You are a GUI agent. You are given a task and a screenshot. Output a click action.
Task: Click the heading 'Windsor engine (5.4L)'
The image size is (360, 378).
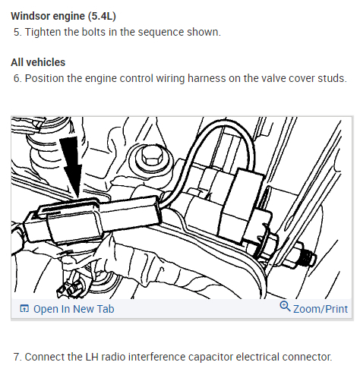coord(63,16)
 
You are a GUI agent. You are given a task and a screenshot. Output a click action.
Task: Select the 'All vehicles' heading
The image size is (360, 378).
coord(38,62)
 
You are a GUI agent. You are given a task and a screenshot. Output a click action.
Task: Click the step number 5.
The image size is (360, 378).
coord(17,32)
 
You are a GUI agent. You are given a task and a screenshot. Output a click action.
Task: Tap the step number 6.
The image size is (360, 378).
coord(17,78)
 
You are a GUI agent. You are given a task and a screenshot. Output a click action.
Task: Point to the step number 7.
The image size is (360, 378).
coord(17,357)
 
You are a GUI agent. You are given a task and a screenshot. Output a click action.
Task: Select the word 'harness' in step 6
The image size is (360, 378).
coord(207,78)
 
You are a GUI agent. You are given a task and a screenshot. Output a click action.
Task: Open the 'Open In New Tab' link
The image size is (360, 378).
coord(74,309)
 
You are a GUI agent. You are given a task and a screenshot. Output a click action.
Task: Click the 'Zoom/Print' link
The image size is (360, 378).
coord(321,309)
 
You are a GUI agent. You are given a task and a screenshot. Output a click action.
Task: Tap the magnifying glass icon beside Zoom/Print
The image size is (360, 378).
coord(285,306)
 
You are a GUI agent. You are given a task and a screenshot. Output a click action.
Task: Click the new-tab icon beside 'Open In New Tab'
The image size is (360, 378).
coord(24,309)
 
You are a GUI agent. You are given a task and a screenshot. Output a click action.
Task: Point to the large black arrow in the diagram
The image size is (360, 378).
coord(71,168)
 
